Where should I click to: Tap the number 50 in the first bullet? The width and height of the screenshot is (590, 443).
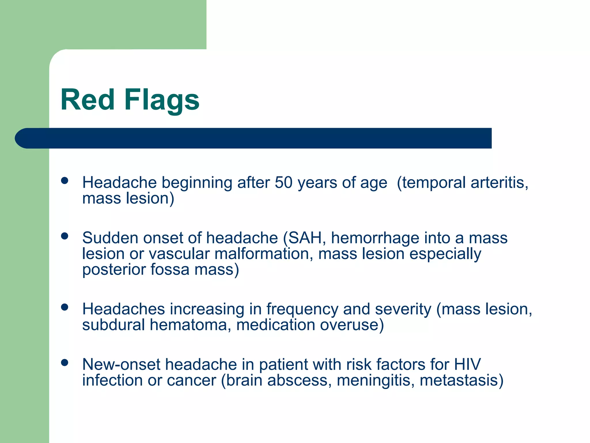[283, 183]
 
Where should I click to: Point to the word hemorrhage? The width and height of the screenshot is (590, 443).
[375, 238]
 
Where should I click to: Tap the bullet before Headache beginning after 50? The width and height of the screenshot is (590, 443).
[65, 181]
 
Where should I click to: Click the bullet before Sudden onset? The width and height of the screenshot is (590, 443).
[65, 236]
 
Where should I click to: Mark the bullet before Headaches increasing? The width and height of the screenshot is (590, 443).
[65, 307]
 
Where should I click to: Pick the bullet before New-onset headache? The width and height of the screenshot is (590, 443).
[65, 363]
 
